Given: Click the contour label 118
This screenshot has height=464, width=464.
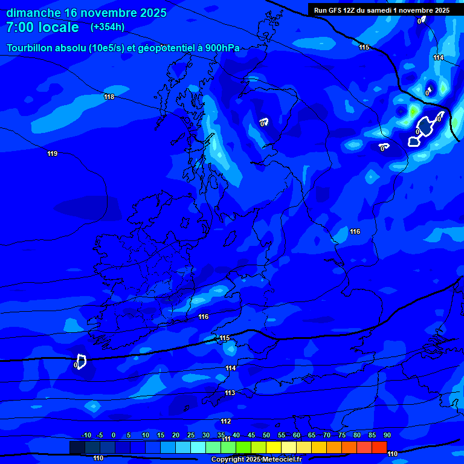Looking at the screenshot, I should pos(109,97).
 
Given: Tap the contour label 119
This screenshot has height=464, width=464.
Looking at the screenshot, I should pos(53,153).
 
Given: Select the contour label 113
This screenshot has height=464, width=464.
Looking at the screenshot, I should pos(230,393).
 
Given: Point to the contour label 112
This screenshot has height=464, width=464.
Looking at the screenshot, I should pos(225,421).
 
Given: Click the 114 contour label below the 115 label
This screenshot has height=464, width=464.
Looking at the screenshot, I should pos(230,368).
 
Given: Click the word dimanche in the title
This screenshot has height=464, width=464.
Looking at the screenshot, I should pos(33,13).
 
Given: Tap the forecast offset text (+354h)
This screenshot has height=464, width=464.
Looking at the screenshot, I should pos(108,27).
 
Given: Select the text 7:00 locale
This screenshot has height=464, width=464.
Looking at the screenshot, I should pos(42,27).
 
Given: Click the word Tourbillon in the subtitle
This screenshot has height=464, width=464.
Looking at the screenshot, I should pos(30,48).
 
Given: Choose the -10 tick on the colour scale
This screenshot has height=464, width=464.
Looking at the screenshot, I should pos(86,435).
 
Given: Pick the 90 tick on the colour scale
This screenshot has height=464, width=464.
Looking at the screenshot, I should pos(387,435).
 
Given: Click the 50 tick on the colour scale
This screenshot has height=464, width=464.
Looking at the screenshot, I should pos(266,435).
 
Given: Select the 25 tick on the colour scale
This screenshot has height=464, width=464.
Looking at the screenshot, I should pos(191,435).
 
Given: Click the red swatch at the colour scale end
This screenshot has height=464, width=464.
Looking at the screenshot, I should pos(379,447).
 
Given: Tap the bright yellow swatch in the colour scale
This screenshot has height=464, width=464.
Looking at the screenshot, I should pos(273,447).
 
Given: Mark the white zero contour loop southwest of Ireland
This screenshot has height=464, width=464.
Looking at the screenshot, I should pos(81,361).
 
